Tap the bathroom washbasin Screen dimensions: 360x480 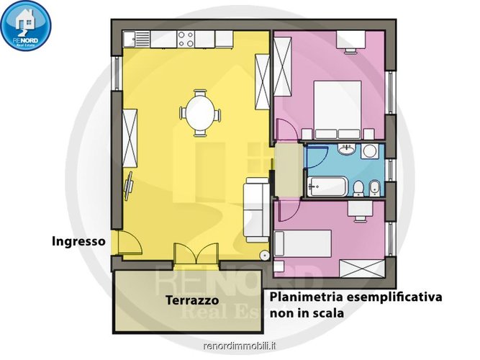tap(348, 150)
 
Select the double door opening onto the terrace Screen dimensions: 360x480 tap(196, 255)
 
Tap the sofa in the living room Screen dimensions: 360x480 tap(255, 210)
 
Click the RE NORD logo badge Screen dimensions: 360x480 tap(27, 26)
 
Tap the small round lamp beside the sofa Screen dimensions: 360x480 tap(265, 254)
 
